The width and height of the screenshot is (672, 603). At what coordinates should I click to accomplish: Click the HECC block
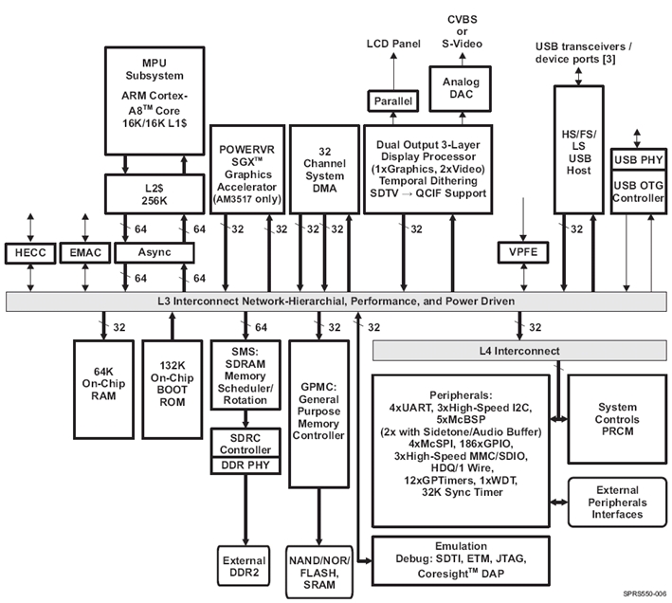[x=31, y=252]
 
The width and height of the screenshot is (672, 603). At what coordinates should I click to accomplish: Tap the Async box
[x=154, y=252]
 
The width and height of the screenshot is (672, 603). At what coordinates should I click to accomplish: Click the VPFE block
[x=518, y=252]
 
